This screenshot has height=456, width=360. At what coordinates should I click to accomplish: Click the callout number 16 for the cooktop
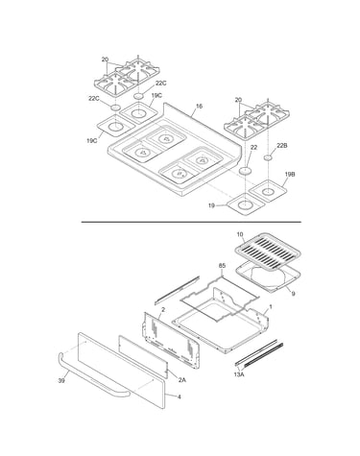199,107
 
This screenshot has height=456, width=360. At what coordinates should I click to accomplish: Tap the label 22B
282,146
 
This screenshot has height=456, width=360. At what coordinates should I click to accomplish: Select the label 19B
290,175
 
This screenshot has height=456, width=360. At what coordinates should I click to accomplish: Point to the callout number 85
222,266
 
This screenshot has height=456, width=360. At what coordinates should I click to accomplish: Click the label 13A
239,373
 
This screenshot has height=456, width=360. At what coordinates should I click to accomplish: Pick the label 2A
181,380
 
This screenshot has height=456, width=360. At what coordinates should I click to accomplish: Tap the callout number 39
61,381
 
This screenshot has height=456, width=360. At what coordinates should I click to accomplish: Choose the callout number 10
240,234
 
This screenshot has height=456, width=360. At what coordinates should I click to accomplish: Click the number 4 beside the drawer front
180,396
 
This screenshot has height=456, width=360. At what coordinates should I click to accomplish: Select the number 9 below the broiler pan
293,293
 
